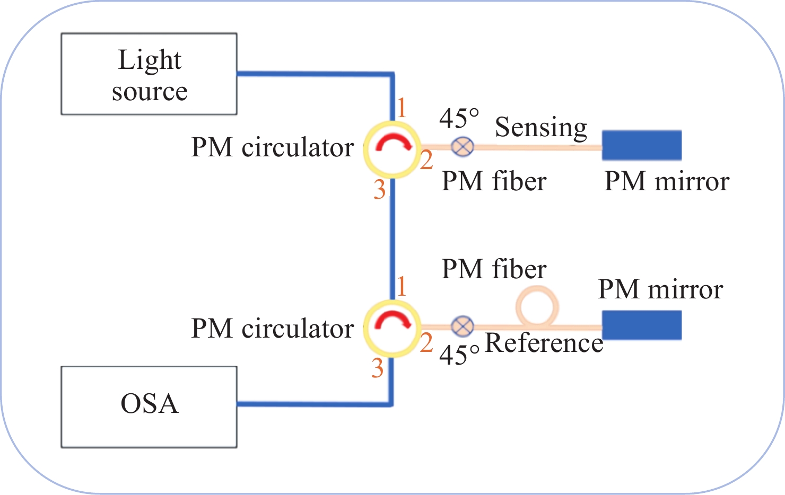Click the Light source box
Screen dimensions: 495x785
pos(149,74)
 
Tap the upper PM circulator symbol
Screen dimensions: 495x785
pos(391,149)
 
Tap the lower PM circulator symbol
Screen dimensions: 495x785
pos(391,328)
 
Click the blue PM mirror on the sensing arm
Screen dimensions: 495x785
pos(642,145)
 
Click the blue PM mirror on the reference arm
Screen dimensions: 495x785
pos(642,325)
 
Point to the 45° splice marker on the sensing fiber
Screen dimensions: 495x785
pos(463,146)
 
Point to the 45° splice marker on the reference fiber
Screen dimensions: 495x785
pos(463,326)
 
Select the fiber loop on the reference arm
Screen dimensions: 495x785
pos(537,307)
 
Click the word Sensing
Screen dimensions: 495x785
pos(541,127)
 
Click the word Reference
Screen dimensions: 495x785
pos(544,343)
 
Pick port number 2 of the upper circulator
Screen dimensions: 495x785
pos(426,160)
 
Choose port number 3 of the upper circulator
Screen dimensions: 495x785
pos(379,190)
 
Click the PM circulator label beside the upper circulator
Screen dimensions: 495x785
pos(272,147)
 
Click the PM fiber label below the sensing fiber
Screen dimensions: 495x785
pos(494,182)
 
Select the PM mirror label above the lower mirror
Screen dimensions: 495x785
pos(660,290)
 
